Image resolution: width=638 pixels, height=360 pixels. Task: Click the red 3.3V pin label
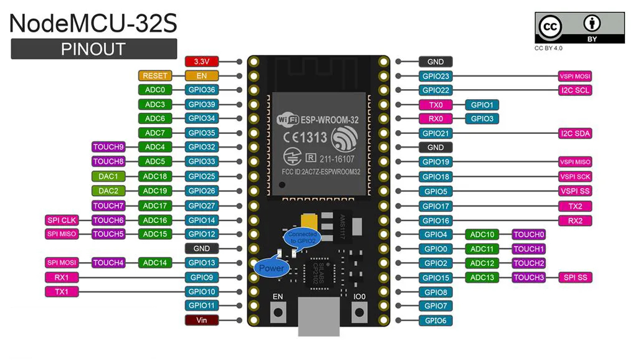tap(201, 62)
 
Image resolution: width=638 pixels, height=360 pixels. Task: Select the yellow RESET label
tap(155, 76)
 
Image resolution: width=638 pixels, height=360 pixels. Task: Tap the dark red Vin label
tap(201, 320)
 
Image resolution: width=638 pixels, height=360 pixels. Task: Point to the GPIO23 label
tap(436, 77)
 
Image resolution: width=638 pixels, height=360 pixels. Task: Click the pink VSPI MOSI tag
tap(575, 77)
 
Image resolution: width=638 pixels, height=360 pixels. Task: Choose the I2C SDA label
tap(575, 133)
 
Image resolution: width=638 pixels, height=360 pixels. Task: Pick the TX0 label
tap(436, 105)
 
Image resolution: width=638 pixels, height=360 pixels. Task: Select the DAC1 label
tap(108, 176)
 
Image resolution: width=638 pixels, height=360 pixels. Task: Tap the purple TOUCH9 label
tap(108, 148)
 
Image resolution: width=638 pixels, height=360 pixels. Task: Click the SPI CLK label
tap(62, 220)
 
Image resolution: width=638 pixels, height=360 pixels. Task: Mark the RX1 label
tap(62, 277)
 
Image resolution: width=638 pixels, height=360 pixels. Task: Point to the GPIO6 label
tap(436, 320)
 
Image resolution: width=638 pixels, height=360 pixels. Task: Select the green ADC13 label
tap(482, 277)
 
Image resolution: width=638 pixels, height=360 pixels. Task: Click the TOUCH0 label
tap(528, 235)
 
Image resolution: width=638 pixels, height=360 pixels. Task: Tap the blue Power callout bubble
tap(271, 268)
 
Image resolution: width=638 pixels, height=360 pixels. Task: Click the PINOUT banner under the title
tap(93, 49)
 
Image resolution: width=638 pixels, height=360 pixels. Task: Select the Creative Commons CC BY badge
tap(579, 29)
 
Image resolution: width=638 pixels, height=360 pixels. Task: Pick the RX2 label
tap(575, 220)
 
